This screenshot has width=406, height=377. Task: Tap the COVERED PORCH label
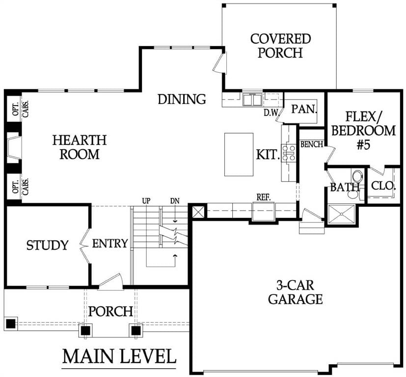[280, 46]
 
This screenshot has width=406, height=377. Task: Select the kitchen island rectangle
[239, 155]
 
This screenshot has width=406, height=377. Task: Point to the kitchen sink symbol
[252, 100]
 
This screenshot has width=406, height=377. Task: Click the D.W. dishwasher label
[271, 112]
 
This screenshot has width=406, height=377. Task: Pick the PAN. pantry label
[304, 109]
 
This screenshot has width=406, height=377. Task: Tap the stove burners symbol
[289, 153]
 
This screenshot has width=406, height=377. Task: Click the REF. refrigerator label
[263, 197]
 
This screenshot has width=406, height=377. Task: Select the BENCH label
[312, 144]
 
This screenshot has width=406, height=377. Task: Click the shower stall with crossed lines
[342, 214]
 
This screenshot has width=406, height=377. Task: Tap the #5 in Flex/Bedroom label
[364, 145]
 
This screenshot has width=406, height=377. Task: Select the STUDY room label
[48, 245]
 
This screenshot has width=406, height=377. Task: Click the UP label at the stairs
[146, 201]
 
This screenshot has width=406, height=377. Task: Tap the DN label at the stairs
[175, 201]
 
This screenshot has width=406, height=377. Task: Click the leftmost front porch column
[11, 323]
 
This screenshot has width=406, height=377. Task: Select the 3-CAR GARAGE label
[296, 292]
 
